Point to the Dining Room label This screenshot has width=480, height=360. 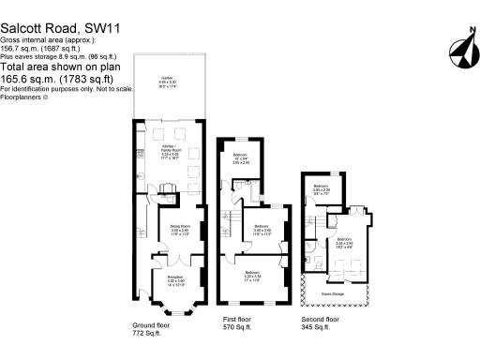[x=180, y=227]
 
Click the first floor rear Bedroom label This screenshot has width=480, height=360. [x=242, y=159]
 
